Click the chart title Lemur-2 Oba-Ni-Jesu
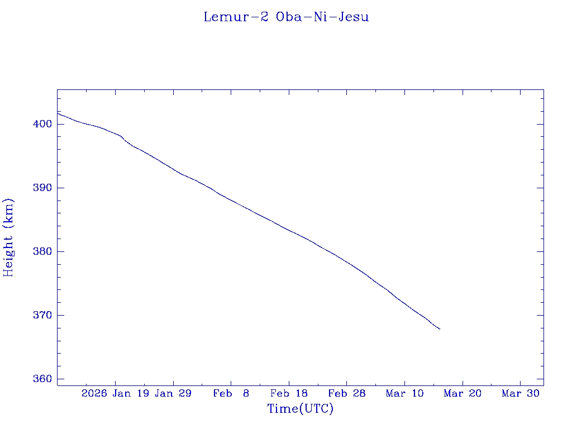tap(286, 17)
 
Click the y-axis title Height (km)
tap(8, 237)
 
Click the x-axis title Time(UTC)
tap(301, 409)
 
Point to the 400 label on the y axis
tap(44, 124)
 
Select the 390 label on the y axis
tap(44, 188)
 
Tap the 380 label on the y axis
tap(44, 251)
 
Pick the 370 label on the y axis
tap(44, 315)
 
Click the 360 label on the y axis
tap(44, 379)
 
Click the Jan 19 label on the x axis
tap(131, 393)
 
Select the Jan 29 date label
tap(173, 393)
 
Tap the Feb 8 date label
tap(231, 393)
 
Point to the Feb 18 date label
tap(289, 393)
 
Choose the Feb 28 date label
tap(347, 393)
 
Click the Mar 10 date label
tap(405, 393)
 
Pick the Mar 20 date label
tap(463, 393)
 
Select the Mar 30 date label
tap(521, 393)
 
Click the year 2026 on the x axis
tap(94, 393)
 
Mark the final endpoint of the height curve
tap(440, 329)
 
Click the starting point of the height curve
tap(58, 113)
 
